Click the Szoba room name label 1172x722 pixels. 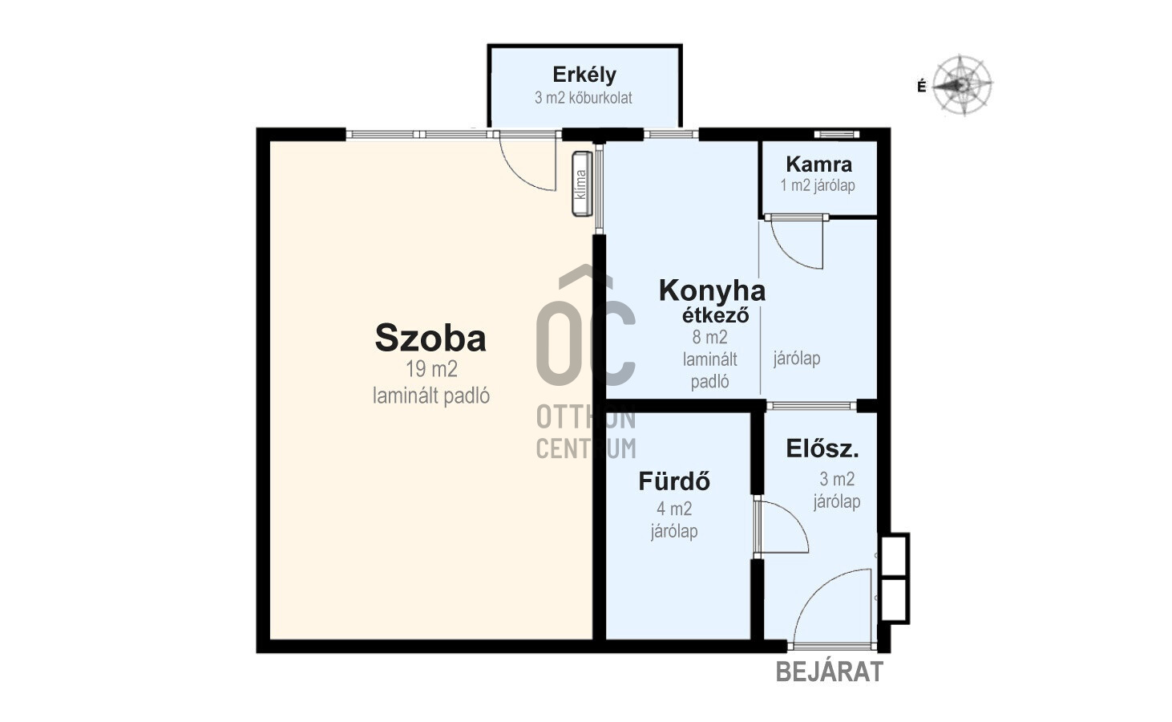[x=430, y=339]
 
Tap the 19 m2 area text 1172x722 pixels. [x=431, y=369]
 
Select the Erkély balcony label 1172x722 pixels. [x=584, y=75]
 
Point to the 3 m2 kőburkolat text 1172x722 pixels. [x=584, y=98]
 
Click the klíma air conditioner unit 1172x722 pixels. [x=582, y=184]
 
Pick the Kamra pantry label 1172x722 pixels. [x=818, y=164]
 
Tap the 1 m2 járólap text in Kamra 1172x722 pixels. [x=818, y=185]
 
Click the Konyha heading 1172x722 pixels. [x=712, y=290]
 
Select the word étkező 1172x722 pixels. [x=716, y=315]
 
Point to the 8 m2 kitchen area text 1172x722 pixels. [x=710, y=337]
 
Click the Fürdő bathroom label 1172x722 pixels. [x=674, y=481]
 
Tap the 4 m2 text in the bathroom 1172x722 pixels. [x=674, y=509]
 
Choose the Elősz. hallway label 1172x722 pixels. [x=822, y=448]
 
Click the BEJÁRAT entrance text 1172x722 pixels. [x=829, y=671]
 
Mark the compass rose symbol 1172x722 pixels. [x=962, y=84]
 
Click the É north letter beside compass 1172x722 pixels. [x=921, y=87]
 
